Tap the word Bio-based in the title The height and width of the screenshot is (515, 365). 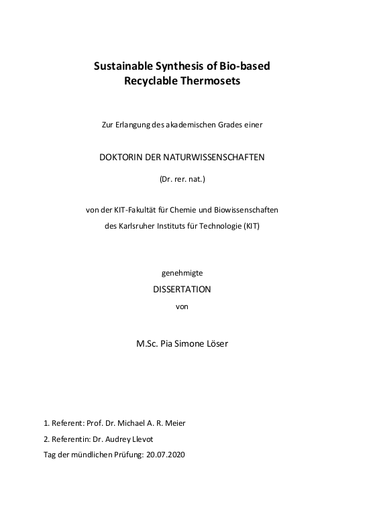click(x=246, y=67)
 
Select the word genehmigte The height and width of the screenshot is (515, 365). click(x=182, y=274)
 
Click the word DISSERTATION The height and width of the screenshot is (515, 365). click(x=182, y=290)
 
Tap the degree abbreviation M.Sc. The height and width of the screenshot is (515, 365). click(x=148, y=343)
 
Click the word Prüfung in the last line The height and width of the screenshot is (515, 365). click(x=126, y=454)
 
